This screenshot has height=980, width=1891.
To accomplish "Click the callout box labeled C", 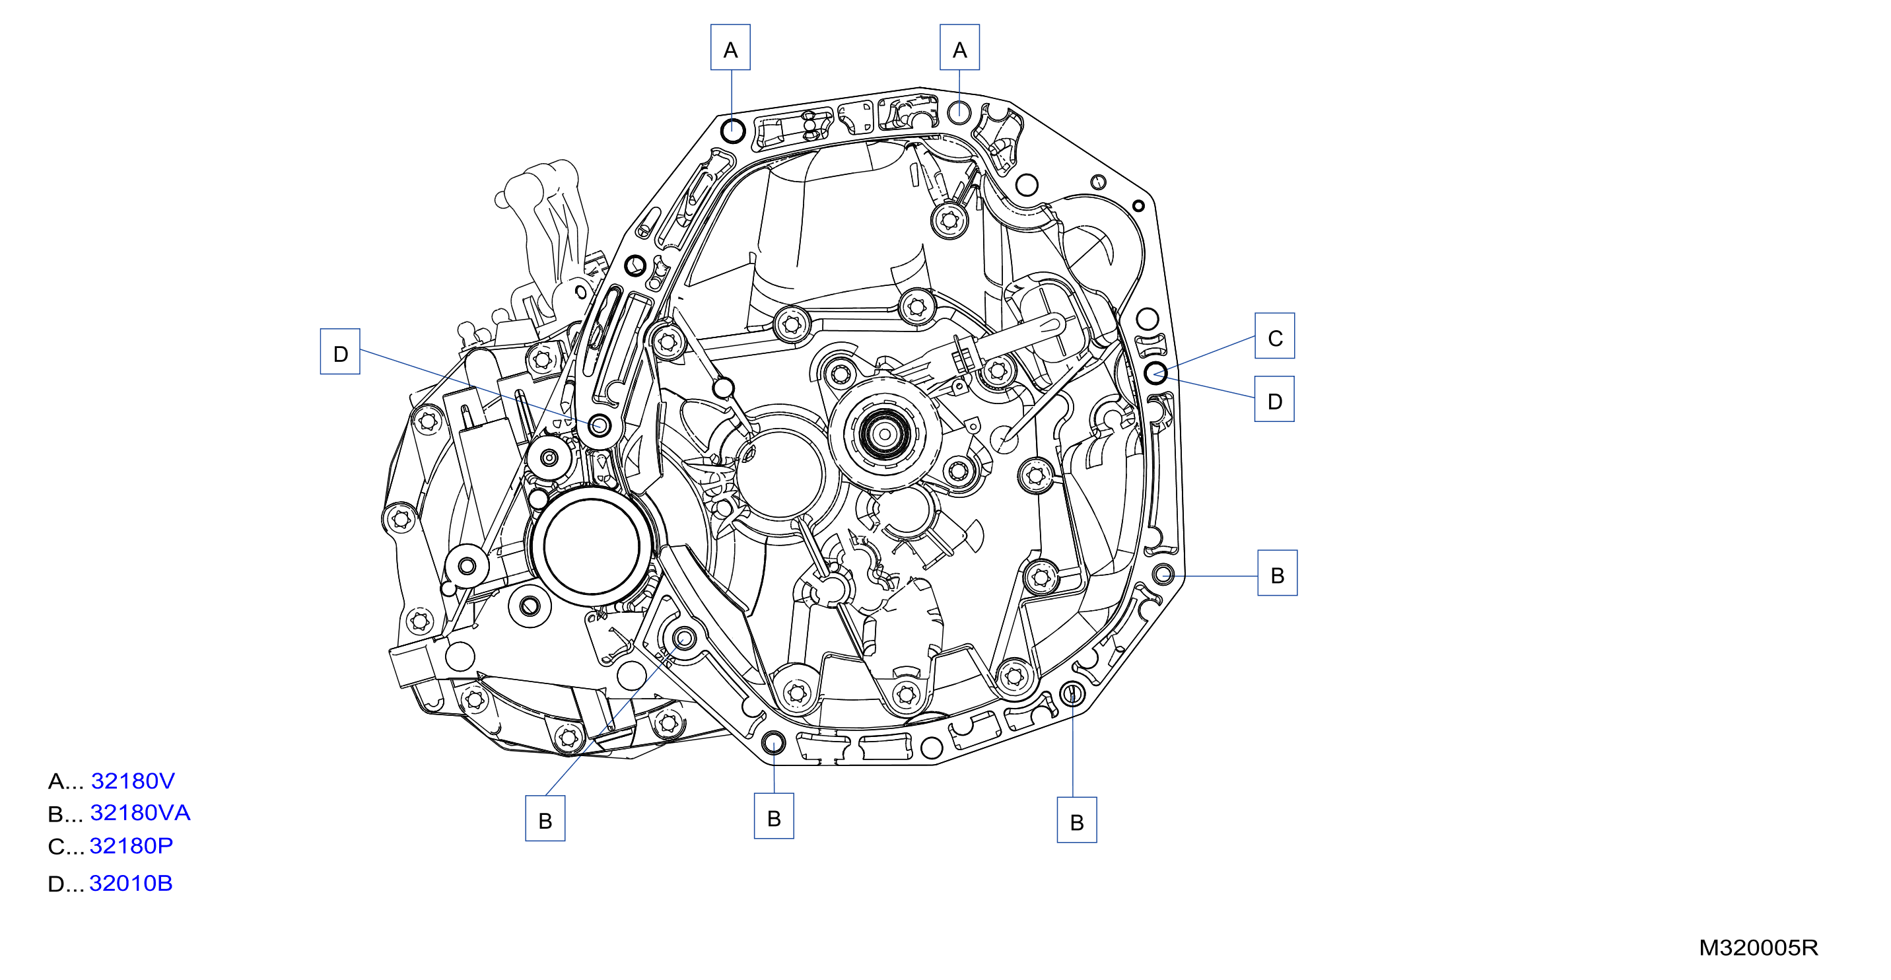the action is point(1274,336).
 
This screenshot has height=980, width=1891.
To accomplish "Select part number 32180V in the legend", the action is point(133,781).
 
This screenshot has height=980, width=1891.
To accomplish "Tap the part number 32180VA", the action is point(140,813).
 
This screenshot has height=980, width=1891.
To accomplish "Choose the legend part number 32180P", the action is point(131,846).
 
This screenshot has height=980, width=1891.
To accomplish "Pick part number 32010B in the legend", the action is point(131,883).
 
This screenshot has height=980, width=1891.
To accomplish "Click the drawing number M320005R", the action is point(1758,948).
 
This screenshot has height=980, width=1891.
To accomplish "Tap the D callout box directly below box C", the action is point(1274,400).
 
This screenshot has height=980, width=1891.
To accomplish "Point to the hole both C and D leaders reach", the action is point(1155,373).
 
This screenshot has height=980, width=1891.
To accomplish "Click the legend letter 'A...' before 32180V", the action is point(65,781).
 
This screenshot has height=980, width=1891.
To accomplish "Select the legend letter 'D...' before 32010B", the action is point(65,884).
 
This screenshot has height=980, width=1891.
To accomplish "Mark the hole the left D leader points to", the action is point(600,425).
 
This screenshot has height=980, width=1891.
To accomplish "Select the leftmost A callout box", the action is point(730,48).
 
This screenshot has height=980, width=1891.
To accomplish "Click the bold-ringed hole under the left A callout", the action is point(732,131).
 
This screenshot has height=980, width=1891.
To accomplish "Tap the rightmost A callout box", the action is point(959,48).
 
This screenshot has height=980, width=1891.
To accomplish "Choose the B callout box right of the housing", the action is point(1278,573).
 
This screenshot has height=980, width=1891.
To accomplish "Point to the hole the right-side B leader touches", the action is point(1163,574).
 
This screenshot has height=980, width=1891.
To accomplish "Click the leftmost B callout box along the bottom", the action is point(545,818).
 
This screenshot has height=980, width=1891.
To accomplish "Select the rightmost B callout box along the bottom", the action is point(1077,821).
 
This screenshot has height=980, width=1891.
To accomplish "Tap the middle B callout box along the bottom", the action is point(774,816).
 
